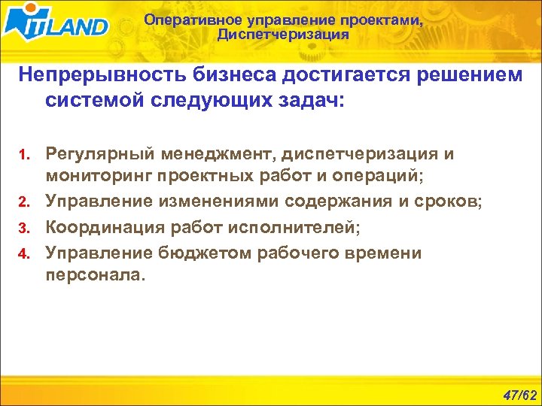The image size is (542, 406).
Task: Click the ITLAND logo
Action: point(56,24)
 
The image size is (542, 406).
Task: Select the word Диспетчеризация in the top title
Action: point(282,35)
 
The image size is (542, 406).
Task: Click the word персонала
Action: point(93,275)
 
